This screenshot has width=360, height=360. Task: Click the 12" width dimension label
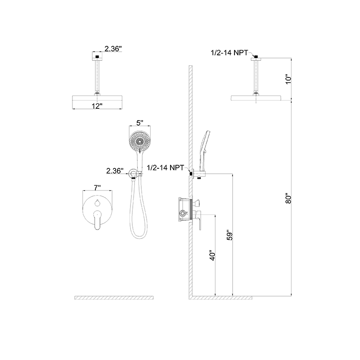click(96, 105)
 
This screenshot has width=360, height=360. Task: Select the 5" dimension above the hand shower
click(139, 123)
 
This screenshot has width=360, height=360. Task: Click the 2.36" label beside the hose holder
click(115, 171)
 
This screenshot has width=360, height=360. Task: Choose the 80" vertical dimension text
click(289, 198)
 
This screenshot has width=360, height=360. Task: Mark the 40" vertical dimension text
click(213, 257)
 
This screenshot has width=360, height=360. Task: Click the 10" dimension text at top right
click(289, 78)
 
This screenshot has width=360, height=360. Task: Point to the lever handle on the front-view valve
click(97, 220)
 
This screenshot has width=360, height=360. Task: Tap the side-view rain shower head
click(257, 98)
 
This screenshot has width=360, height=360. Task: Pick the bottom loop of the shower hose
click(138, 235)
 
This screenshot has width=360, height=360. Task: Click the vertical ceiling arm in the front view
click(97, 76)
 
